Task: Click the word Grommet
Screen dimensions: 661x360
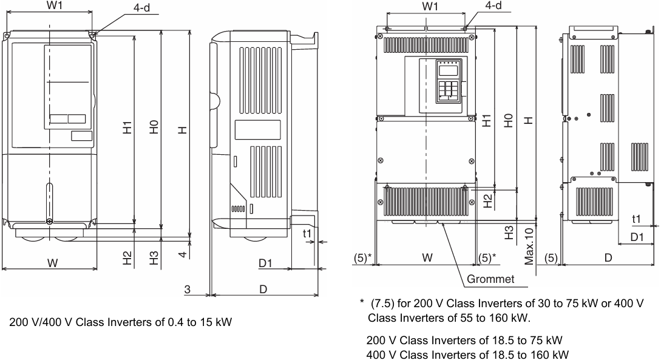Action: pyautogui.click(x=490, y=279)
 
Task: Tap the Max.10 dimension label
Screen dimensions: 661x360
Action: pyautogui.click(x=529, y=246)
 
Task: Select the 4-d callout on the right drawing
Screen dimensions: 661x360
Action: pyautogui.click(x=493, y=5)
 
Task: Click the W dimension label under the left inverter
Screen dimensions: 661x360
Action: pyautogui.click(x=52, y=263)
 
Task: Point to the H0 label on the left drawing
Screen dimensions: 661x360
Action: pyautogui.click(x=155, y=127)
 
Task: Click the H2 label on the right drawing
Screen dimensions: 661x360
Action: pyautogui.click(x=487, y=201)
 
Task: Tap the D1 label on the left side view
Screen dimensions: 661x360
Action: pyautogui.click(x=265, y=263)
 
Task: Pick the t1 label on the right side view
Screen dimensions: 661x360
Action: pyautogui.click(x=636, y=219)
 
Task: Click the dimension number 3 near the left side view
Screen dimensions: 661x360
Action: pyautogui.click(x=187, y=289)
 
